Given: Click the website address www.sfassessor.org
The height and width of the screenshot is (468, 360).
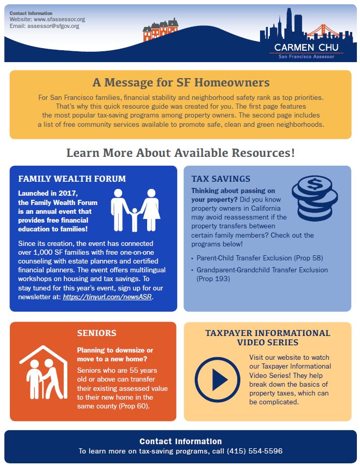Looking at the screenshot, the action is coord(59,19).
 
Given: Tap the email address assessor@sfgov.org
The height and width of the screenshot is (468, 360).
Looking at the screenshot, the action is coord(53,26).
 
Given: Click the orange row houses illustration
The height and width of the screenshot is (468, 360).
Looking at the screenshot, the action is coord(161,30).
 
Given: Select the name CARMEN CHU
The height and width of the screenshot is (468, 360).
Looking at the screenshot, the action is coord(306,48).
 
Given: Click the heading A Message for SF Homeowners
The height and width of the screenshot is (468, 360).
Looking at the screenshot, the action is coord(181,82).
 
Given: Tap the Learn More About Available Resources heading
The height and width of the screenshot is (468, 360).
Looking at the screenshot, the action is coord(180,153).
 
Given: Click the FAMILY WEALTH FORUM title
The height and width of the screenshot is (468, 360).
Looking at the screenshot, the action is coord(72,179).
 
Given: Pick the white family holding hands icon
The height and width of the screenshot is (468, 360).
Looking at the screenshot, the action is coord(135,210).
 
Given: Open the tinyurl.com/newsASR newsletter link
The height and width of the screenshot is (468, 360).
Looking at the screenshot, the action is coord(107,297).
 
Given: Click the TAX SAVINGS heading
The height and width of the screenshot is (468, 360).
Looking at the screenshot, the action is coord(221,179).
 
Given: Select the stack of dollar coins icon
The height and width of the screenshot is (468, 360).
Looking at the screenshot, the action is coord(314,198).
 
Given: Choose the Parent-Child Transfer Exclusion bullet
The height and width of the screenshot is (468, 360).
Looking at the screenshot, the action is coord(260,258).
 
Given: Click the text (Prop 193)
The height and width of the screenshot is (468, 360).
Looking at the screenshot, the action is coord(213,279).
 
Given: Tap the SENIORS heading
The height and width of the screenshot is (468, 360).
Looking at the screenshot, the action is coord(96,333).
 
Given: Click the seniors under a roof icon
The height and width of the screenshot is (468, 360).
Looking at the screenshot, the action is coord(44,373).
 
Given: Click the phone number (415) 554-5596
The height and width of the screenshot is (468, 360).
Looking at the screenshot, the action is coord(254,451).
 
